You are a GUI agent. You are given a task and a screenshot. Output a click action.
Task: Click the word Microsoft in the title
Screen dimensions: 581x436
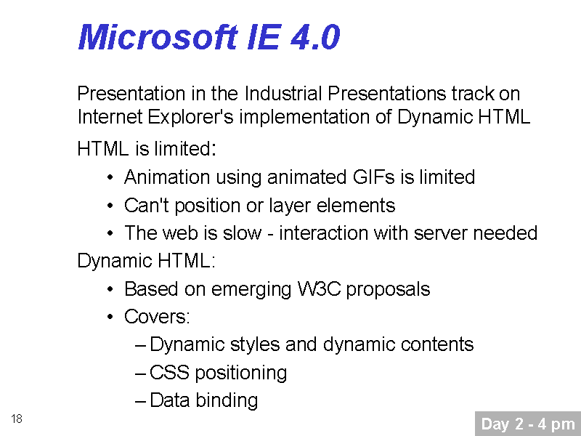tap(158, 37)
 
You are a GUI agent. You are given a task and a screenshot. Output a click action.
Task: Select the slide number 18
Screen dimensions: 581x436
tap(17, 419)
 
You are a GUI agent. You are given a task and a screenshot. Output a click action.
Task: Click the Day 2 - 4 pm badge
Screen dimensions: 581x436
tap(528, 424)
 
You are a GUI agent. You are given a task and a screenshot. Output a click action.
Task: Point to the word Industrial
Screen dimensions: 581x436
tap(283, 94)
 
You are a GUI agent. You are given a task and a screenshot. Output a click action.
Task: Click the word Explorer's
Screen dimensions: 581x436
tap(190, 118)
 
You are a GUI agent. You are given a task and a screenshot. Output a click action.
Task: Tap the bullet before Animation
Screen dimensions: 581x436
tap(110, 177)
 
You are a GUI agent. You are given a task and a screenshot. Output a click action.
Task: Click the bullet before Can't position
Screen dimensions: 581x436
tap(110, 206)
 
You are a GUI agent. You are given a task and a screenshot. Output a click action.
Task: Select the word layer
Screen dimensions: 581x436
tap(290, 206)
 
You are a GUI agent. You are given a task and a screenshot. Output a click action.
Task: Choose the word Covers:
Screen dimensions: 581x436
tap(157, 317)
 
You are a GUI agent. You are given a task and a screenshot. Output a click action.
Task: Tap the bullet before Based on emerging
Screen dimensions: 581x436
tap(110, 289)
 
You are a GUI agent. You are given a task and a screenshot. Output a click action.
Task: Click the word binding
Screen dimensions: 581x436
tap(227, 401)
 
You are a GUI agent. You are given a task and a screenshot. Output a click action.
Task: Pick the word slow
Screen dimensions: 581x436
tap(242, 233)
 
